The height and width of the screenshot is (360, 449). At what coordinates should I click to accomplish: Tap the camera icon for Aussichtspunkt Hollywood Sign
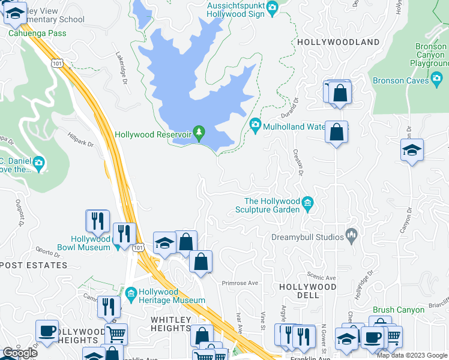pos(272,8)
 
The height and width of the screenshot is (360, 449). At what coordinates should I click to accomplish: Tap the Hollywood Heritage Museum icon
pos(131,293)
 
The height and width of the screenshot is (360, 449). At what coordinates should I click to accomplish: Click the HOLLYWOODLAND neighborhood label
pos(338,42)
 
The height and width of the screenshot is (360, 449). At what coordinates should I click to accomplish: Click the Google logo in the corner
pos(20,353)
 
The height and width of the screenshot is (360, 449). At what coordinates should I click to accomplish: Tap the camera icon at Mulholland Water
pos(255,124)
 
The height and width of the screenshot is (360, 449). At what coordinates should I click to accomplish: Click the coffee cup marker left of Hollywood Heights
pos(47,331)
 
